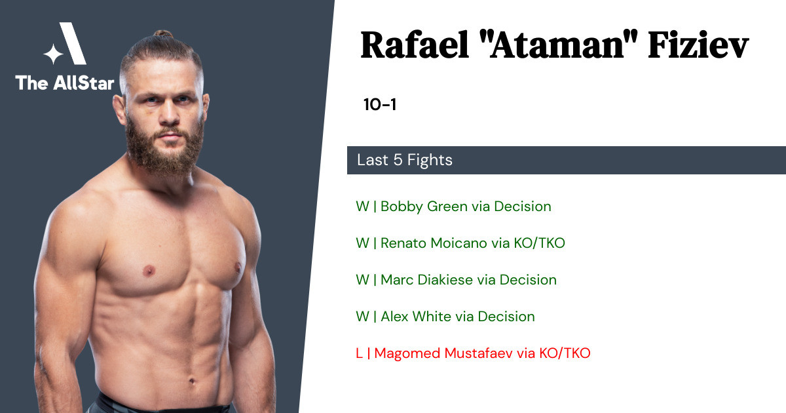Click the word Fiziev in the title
coord(698,45)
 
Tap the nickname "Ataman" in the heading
coord(558,45)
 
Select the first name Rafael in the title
coord(415,45)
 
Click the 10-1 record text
coord(380,104)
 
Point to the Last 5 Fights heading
coord(405,160)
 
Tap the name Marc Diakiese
coord(426,280)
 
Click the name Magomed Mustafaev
coord(443,353)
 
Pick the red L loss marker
coord(359,353)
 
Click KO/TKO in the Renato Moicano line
coord(539,243)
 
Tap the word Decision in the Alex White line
coord(506,317)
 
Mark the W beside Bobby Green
coord(362,206)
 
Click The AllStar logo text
coord(65,83)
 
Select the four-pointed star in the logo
coord(53,54)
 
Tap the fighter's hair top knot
coord(162,33)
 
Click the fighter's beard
coord(165,147)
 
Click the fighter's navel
coord(191,381)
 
